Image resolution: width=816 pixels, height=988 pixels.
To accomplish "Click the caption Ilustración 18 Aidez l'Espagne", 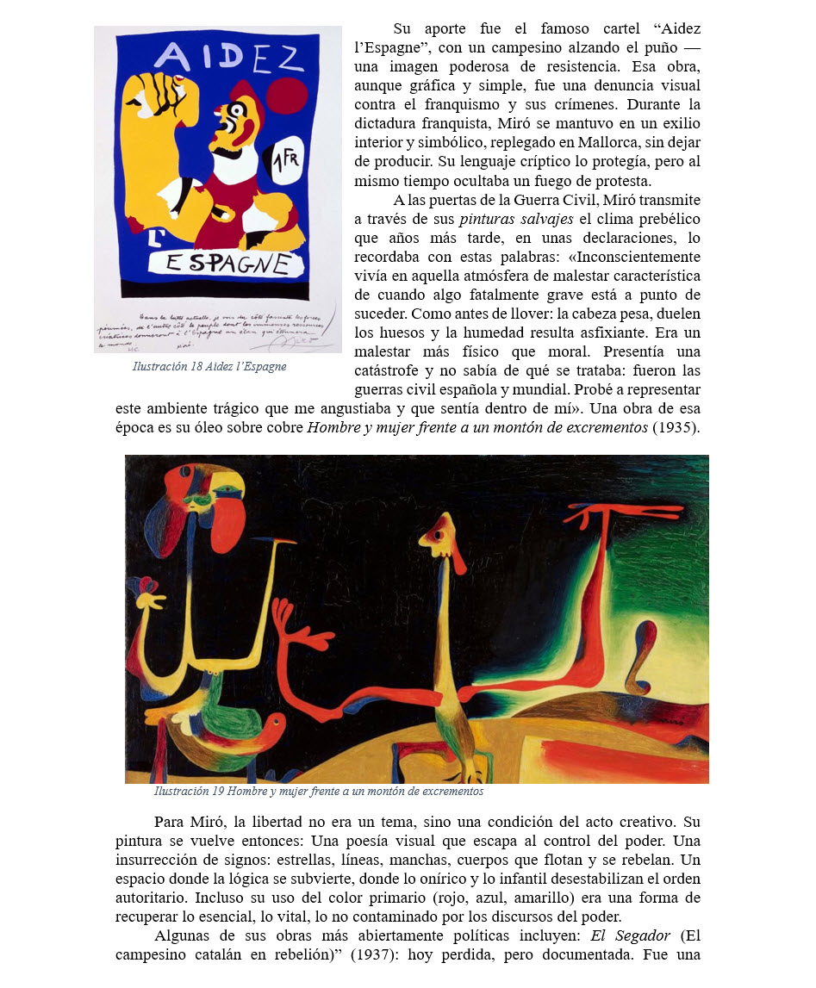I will tap(209, 367).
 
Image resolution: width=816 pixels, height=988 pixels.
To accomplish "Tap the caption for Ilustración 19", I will tap(318, 792).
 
